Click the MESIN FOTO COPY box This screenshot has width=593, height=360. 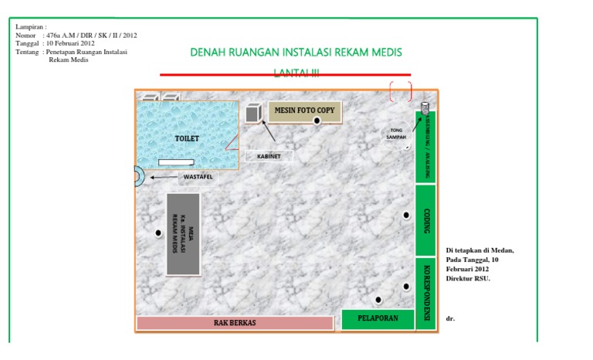point(304,111)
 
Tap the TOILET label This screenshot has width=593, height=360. point(186,138)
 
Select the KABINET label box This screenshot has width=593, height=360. point(269,156)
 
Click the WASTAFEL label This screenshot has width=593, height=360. point(196,177)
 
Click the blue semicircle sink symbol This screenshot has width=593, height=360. point(138,176)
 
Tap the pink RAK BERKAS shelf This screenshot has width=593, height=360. point(235,322)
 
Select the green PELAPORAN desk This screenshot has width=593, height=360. point(377,318)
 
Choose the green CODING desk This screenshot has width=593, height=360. point(426,219)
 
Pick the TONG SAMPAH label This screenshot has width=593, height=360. point(396,133)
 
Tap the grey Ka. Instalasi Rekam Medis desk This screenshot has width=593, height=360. point(183,233)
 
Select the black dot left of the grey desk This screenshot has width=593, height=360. point(158,233)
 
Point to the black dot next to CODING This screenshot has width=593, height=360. point(406,216)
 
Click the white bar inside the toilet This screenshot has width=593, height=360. point(176,162)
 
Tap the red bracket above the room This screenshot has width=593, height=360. point(400,91)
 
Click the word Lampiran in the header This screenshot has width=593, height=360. point(31,27)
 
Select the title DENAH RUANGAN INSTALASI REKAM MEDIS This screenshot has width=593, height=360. point(296,53)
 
